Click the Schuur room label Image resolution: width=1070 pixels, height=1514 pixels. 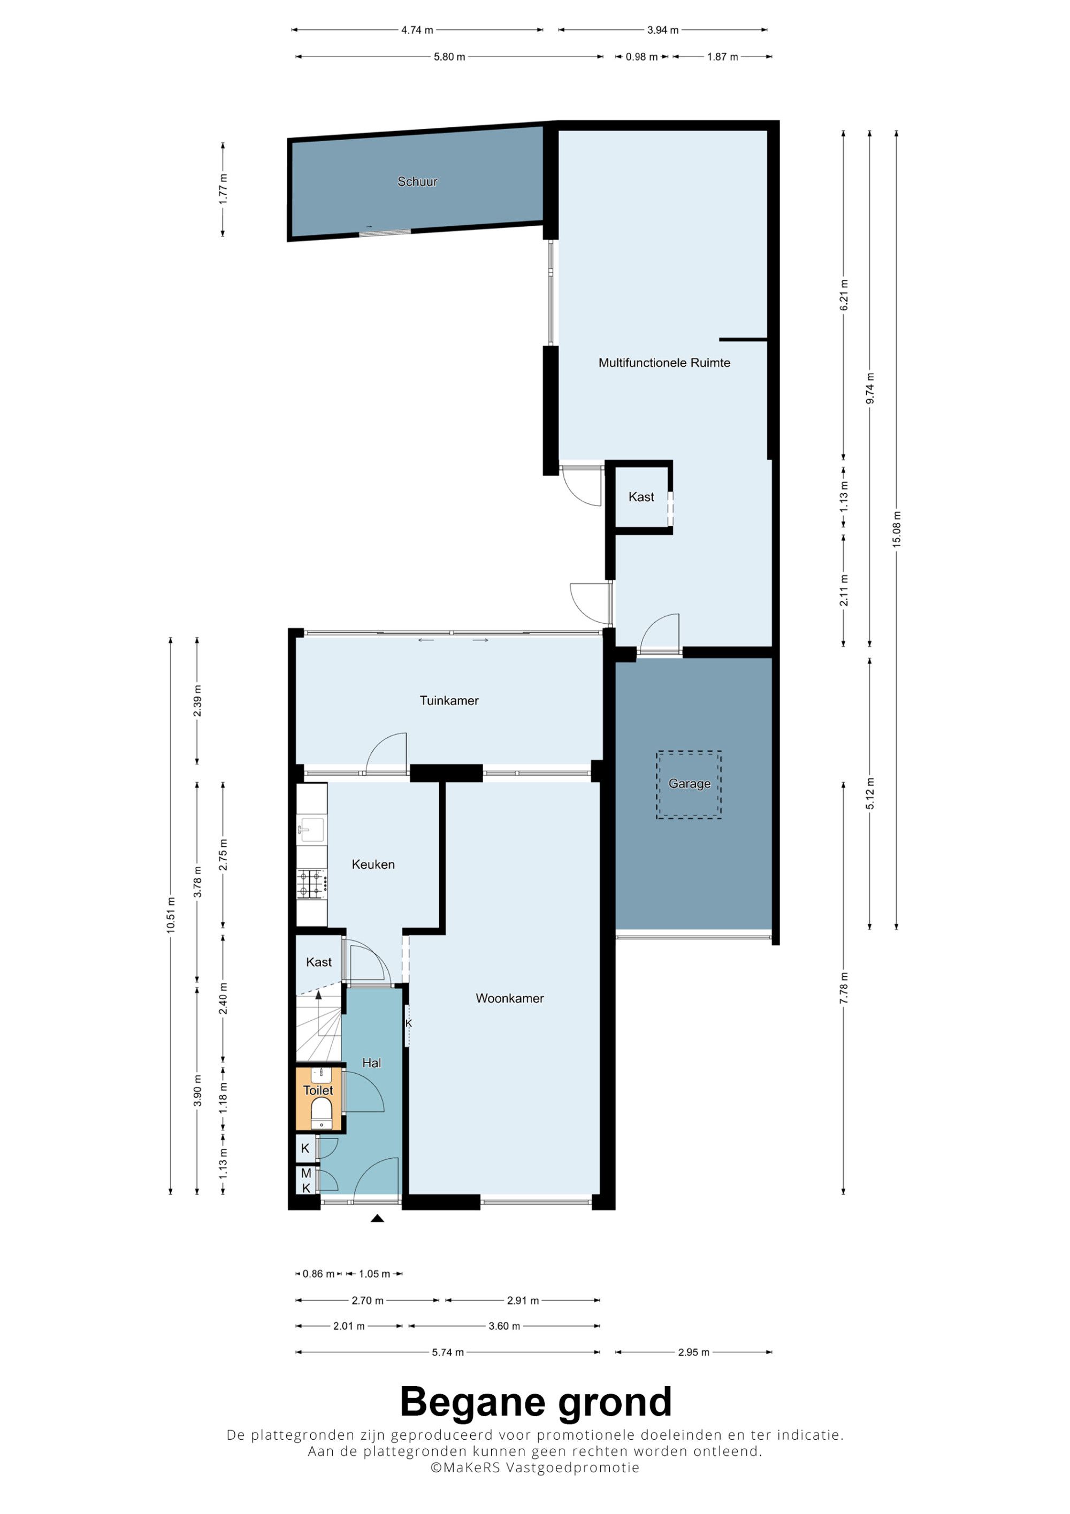(417, 181)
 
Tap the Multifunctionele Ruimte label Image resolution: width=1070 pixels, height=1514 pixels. (664, 363)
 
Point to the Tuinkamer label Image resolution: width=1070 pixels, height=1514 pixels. (449, 700)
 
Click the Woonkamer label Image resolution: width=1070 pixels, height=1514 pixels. (510, 998)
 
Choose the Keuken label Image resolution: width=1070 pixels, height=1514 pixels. (373, 865)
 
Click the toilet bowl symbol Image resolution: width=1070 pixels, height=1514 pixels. (322, 1113)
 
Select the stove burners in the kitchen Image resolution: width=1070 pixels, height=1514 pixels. (312, 884)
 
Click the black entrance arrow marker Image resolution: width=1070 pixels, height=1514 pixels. (377, 1218)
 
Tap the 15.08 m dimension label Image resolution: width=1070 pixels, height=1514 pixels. (896, 529)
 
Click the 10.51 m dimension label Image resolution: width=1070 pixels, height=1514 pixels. (171, 915)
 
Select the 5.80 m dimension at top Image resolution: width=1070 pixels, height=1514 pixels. (449, 57)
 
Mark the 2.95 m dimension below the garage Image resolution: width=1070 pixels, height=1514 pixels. (693, 1352)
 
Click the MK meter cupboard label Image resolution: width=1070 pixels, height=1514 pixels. (306, 1180)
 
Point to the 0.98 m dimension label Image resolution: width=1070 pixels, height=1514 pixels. (641, 57)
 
